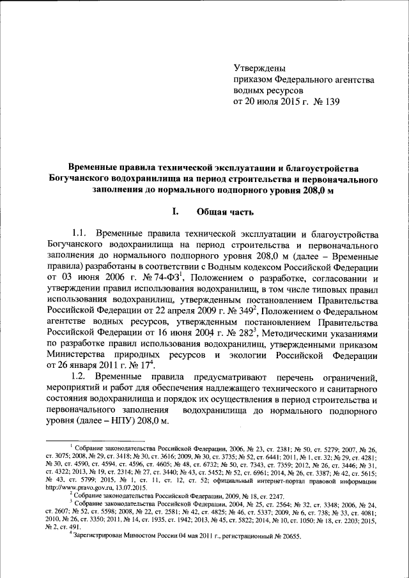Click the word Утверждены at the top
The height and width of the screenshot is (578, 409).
[x=259, y=68]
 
